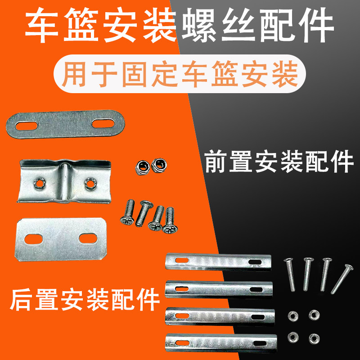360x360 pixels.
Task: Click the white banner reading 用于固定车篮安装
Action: coord(180,75)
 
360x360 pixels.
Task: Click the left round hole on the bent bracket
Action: coord(39,183)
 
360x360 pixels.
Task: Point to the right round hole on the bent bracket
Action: coord(90,183)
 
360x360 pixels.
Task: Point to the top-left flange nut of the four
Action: coord(290,315)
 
